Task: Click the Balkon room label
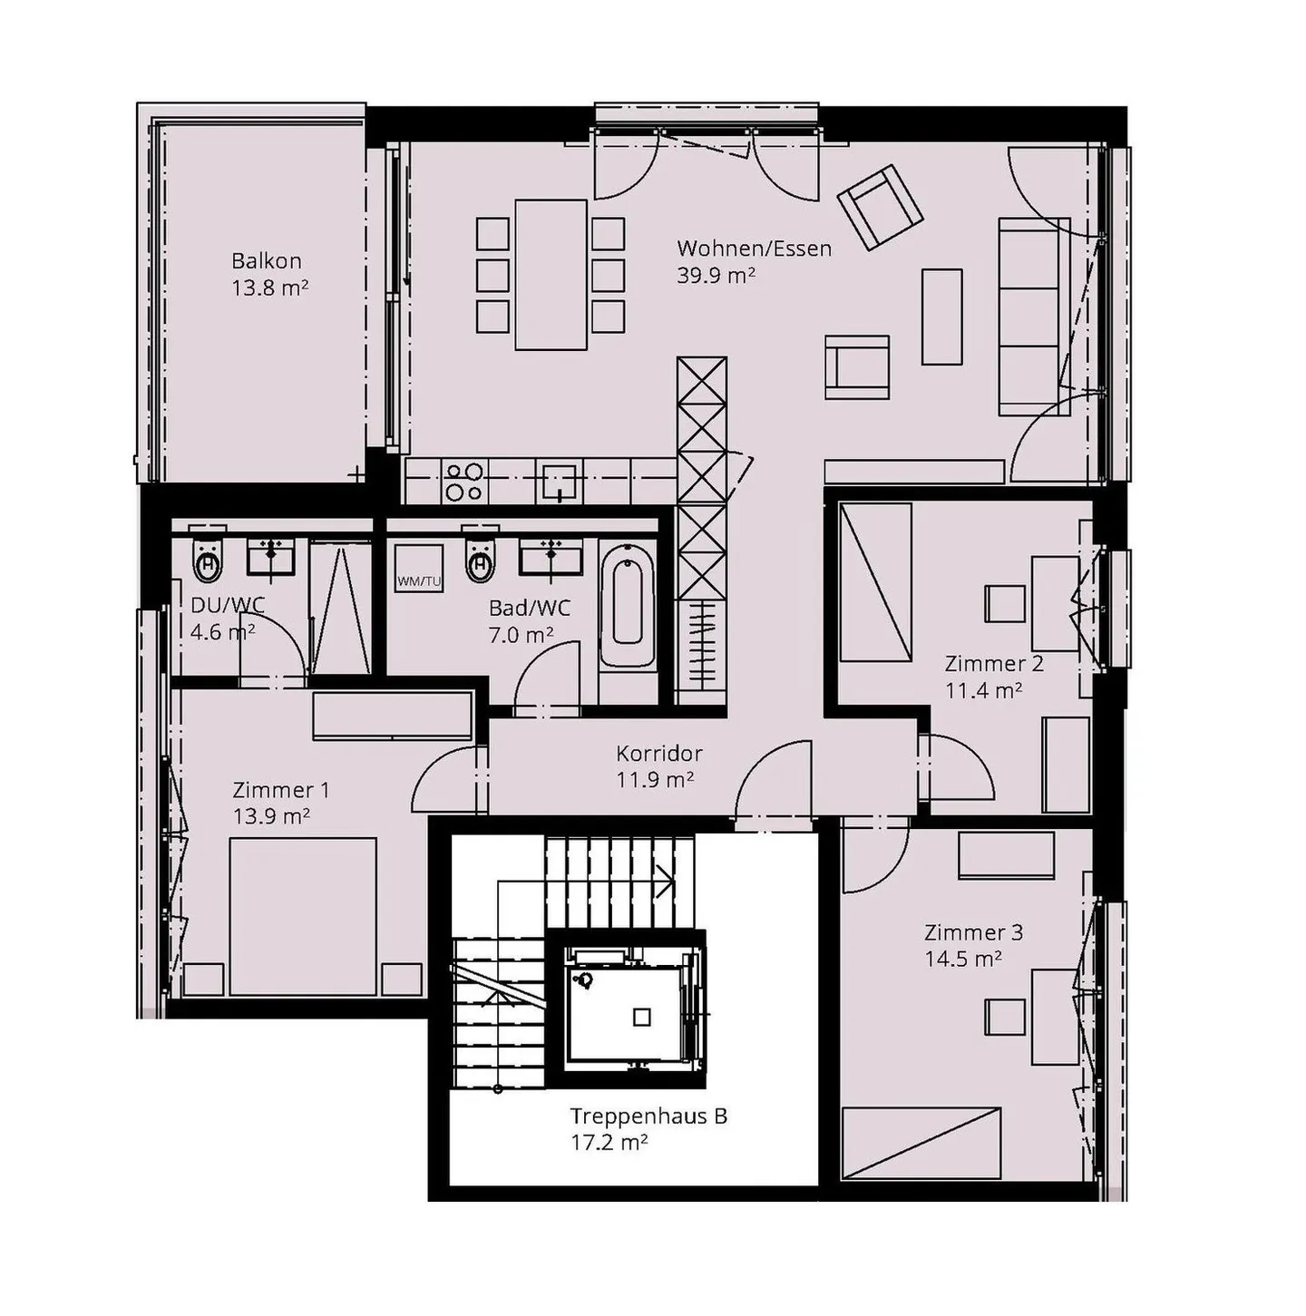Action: pyautogui.click(x=267, y=261)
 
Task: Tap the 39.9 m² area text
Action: pyautogui.click(x=716, y=275)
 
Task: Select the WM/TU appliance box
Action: pyautogui.click(x=419, y=568)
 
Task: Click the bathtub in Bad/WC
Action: pyautogui.click(x=627, y=604)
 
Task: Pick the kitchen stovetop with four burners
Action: pyautogui.click(x=464, y=482)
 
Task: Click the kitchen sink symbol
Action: pyautogui.click(x=560, y=482)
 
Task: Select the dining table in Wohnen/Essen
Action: pyautogui.click(x=551, y=274)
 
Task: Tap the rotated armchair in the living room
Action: pyautogui.click(x=880, y=206)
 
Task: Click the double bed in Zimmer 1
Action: pyautogui.click(x=303, y=917)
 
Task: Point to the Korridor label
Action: pyautogui.click(x=658, y=754)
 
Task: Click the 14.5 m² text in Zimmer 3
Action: pyautogui.click(x=963, y=959)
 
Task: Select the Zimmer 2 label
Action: pyautogui.click(x=994, y=663)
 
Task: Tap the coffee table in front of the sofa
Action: pyautogui.click(x=942, y=317)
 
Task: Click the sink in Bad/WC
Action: pyautogui.click(x=551, y=555)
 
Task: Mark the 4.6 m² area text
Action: pyautogui.click(x=222, y=632)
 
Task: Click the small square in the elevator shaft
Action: pyautogui.click(x=641, y=1018)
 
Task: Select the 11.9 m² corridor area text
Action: pyautogui.click(x=655, y=779)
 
